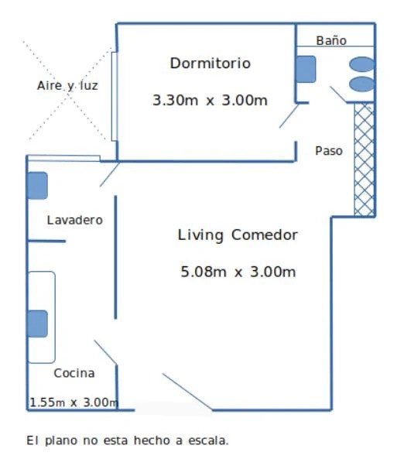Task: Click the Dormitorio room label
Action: coord(210,63)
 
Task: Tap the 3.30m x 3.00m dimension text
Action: coord(210,100)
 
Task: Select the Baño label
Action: coord(331,40)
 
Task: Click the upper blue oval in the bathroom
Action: coord(361,64)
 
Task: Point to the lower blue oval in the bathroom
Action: coord(361,84)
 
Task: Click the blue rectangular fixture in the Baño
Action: coord(306,69)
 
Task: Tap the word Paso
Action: coord(329,151)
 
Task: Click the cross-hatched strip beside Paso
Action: coord(364,159)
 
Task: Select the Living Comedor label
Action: coord(238,235)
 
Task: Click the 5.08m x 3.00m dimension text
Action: coord(238,272)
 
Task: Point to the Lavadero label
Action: coord(75,220)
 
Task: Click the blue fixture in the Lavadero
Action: coord(37,186)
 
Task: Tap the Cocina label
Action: coord(74,373)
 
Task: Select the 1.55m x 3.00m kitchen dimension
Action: coord(74,402)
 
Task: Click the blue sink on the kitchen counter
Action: coord(37,324)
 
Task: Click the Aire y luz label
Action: coord(67,86)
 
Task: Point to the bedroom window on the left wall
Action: coord(115,96)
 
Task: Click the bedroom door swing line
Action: coord(289,115)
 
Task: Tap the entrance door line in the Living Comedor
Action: coord(187,392)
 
